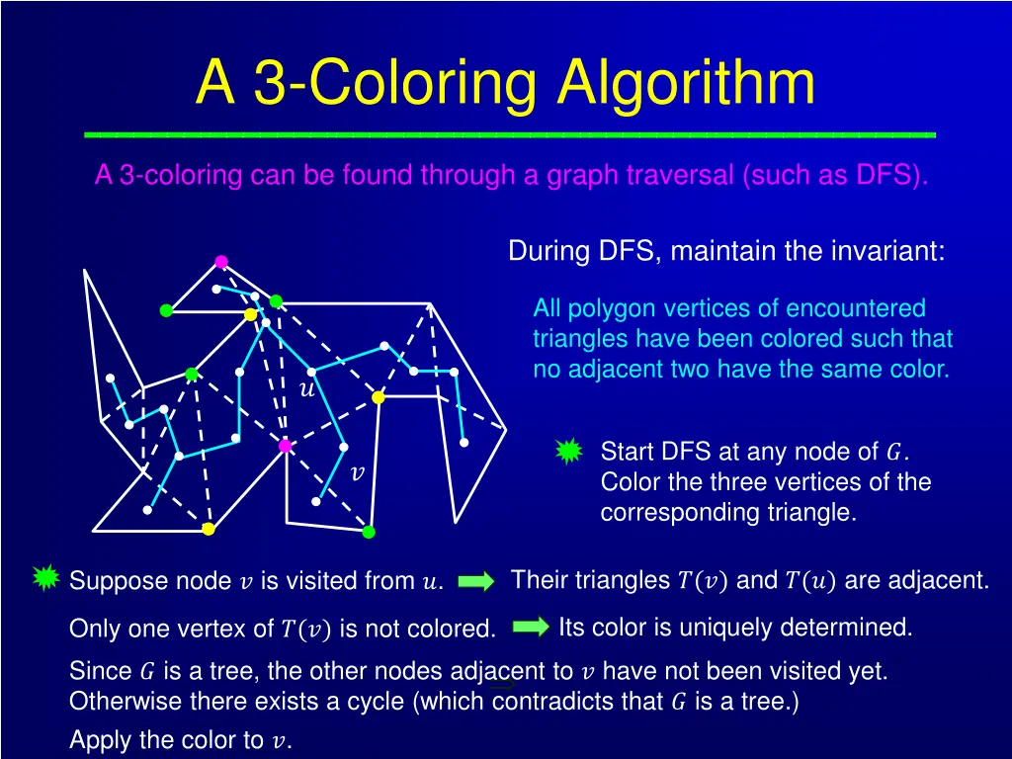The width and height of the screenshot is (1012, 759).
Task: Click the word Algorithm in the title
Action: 686,83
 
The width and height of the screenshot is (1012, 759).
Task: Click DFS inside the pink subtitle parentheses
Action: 885,176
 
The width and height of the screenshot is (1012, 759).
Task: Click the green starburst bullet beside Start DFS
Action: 568,453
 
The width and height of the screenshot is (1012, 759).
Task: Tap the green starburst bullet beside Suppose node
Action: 45,578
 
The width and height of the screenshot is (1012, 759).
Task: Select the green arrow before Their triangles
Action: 476,582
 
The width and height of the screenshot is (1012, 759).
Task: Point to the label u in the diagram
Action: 306,389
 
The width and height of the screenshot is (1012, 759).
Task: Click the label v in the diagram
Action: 358,473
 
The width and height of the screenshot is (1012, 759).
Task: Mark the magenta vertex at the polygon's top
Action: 221,262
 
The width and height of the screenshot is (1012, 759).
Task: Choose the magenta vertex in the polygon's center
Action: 286,446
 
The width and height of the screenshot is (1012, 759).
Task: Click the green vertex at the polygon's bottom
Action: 369,532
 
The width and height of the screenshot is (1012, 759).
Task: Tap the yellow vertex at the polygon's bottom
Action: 209,529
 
